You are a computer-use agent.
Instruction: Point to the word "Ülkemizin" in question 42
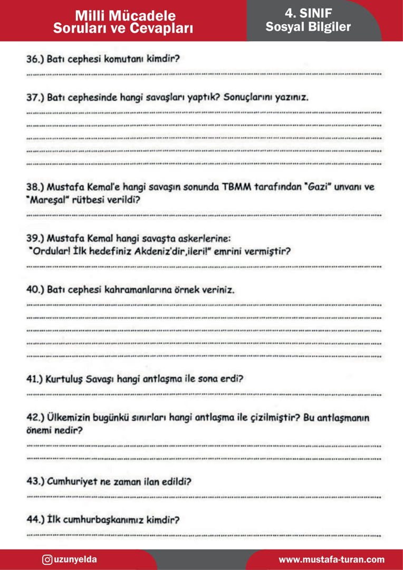[x=69, y=418]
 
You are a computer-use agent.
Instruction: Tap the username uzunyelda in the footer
[x=75, y=559]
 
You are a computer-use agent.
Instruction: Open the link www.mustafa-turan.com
[x=331, y=559]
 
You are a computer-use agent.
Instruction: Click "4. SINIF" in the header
[x=308, y=13]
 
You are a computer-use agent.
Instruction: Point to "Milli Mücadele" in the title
[x=125, y=15]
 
